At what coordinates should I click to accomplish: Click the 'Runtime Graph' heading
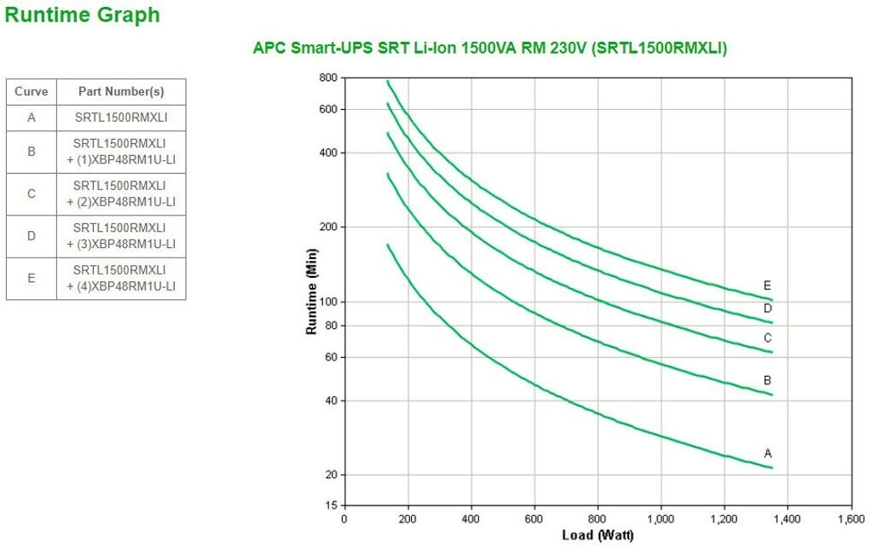(x=82, y=14)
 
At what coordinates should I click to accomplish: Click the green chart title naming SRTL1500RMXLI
(x=489, y=49)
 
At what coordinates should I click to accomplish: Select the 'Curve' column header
(x=32, y=91)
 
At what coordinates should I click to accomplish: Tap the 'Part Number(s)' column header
(x=121, y=91)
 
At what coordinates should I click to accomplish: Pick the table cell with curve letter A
(x=32, y=118)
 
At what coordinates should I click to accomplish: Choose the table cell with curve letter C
(x=32, y=193)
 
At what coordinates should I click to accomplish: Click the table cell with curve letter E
(x=32, y=278)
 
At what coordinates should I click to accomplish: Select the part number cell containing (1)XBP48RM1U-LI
(x=121, y=151)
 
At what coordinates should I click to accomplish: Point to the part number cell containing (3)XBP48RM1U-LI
(x=121, y=235)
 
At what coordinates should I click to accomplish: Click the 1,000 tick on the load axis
(x=661, y=519)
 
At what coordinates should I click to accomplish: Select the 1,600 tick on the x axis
(x=851, y=519)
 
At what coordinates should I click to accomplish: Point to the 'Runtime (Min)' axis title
(x=312, y=292)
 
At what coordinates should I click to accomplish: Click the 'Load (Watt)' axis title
(x=597, y=535)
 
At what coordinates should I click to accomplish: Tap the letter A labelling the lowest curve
(x=767, y=453)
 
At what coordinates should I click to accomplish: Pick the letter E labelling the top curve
(x=767, y=286)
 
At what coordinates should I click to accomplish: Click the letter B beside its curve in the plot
(x=767, y=380)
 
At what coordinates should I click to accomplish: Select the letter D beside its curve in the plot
(x=767, y=308)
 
